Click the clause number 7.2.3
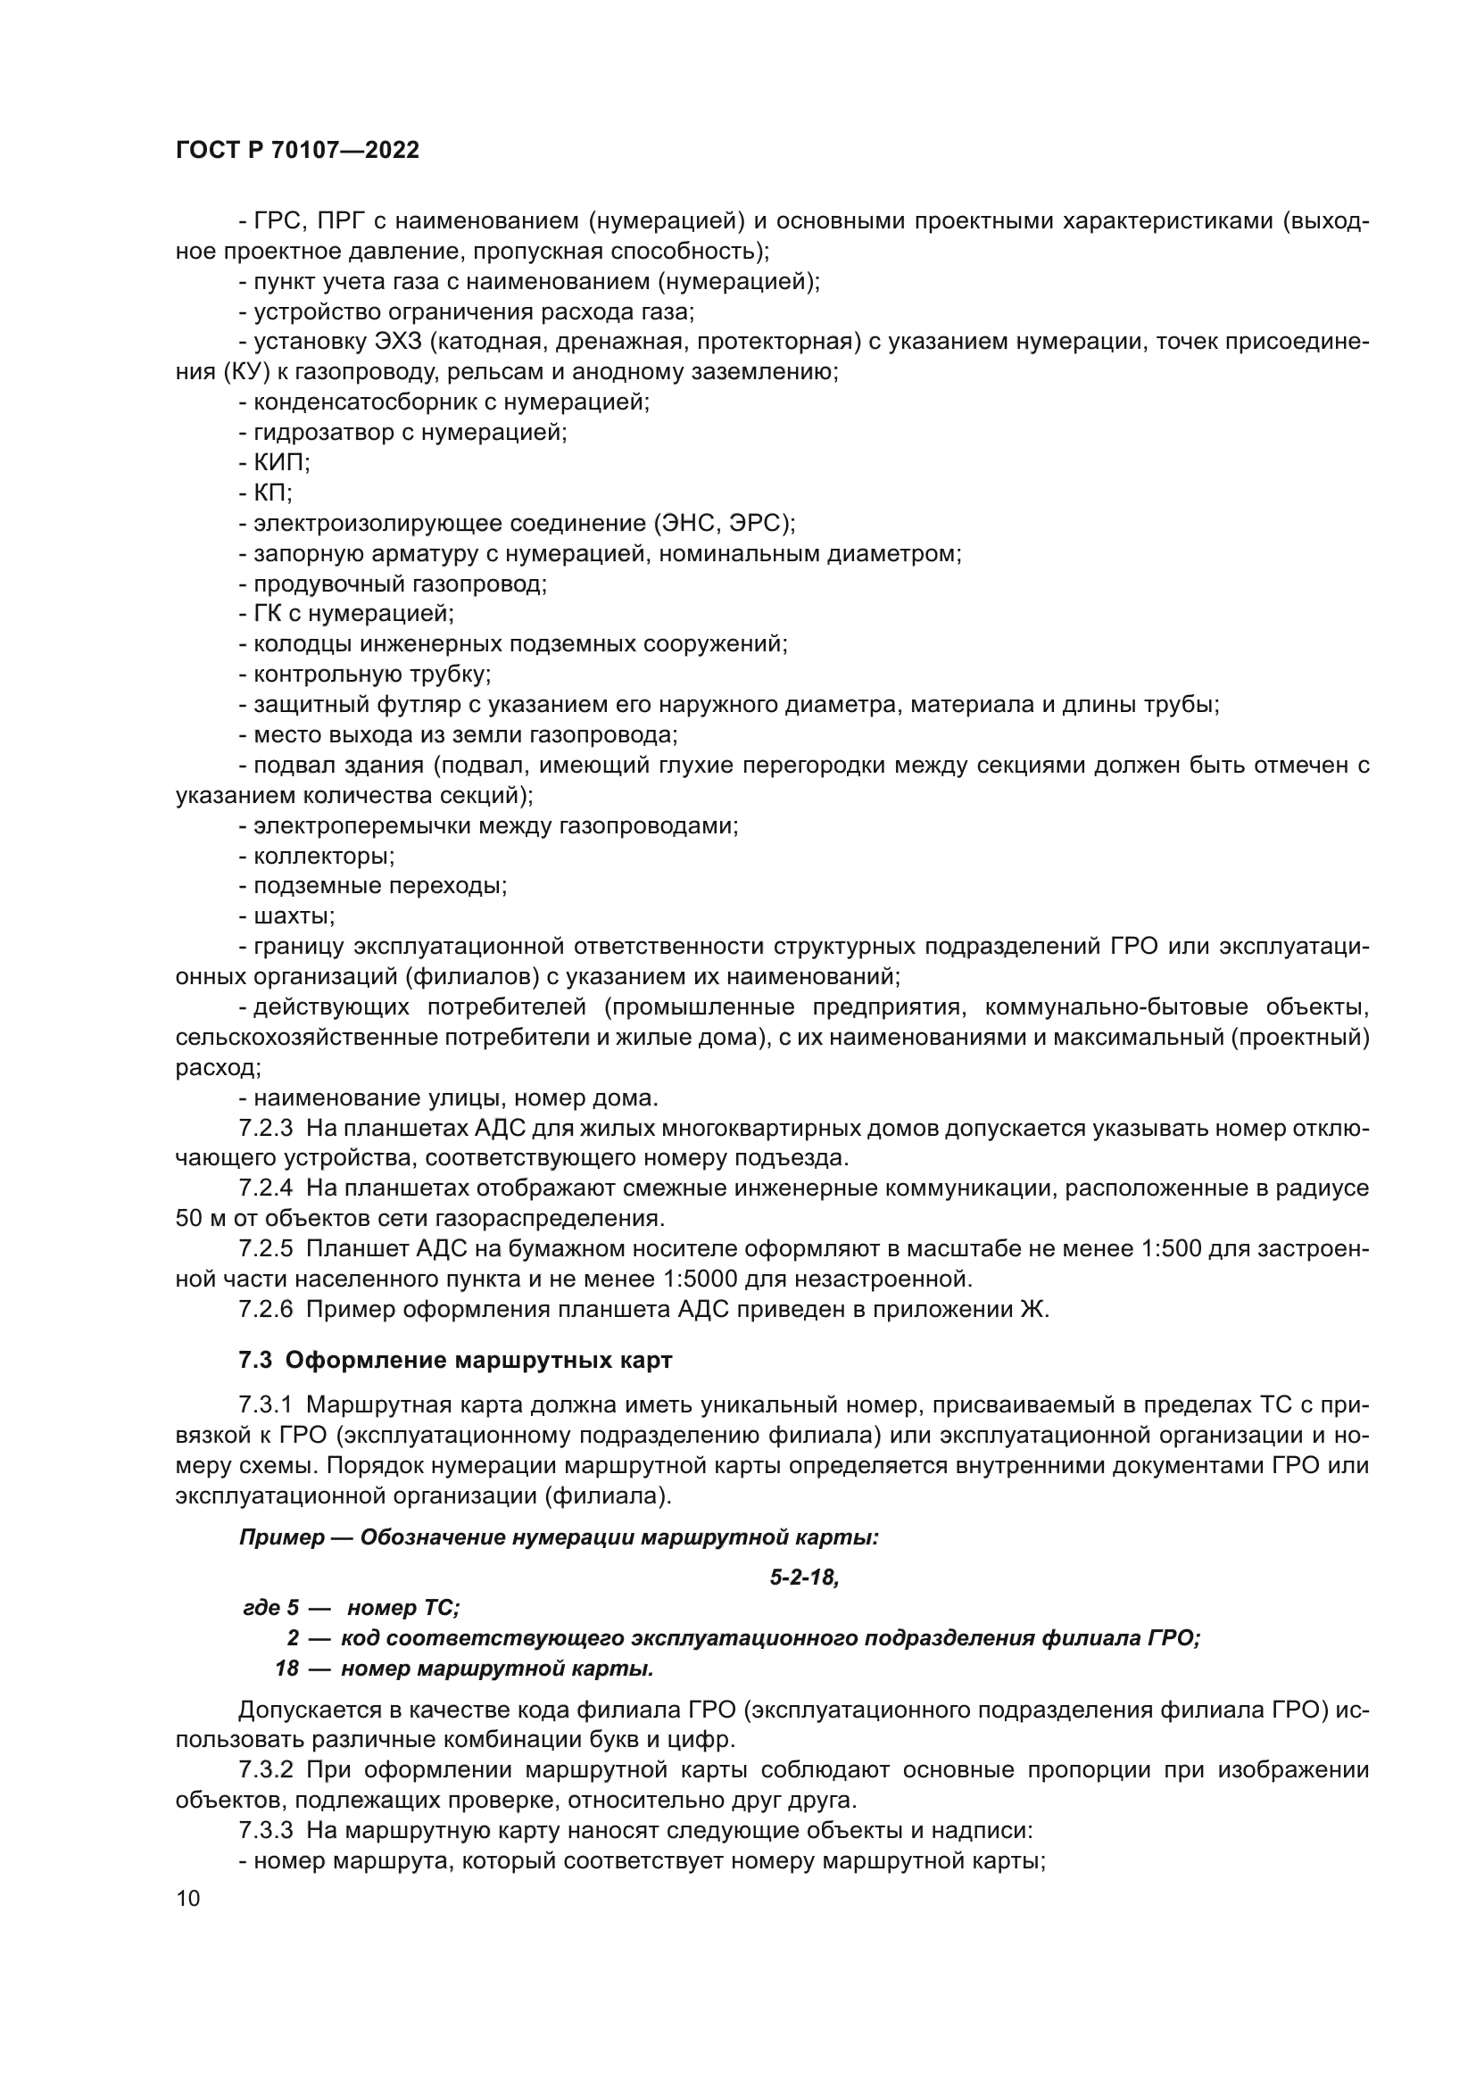coord(265,1129)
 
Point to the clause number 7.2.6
coord(265,1309)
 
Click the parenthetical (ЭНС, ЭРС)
coord(723,524)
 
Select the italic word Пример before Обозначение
coord(282,1538)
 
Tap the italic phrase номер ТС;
coord(403,1608)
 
